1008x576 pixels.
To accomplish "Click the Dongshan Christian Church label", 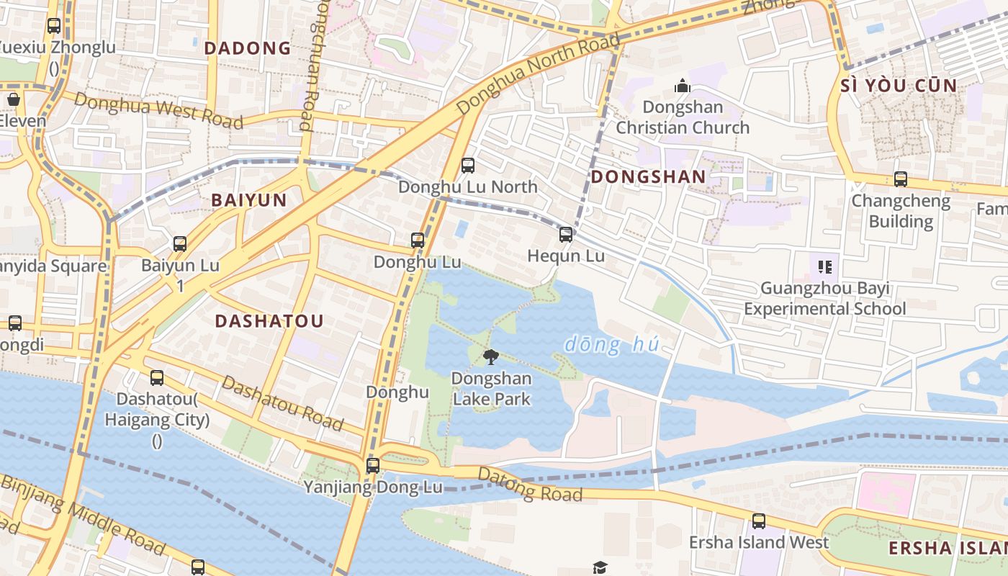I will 682,117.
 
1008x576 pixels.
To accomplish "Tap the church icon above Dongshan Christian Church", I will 682,87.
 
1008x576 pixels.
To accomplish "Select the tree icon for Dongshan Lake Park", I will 491,356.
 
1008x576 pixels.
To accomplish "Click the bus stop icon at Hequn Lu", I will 566,234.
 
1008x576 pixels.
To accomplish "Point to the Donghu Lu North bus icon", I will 468,166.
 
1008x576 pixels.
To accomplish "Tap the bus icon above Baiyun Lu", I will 180,244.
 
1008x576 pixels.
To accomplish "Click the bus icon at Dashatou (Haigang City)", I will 157,377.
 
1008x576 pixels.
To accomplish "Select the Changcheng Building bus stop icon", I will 900,179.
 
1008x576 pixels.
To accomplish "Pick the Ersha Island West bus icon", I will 759,521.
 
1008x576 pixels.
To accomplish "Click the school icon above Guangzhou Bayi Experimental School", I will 825,267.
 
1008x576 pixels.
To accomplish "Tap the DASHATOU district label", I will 269,321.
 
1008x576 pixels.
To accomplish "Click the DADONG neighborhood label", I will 247,48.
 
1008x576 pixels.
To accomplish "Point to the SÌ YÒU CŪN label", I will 899,86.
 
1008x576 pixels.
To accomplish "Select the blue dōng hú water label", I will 611,345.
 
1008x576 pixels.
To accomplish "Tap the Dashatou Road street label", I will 282,403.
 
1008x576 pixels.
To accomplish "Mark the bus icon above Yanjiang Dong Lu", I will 372,465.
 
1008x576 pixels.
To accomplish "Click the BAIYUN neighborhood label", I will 249,200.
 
